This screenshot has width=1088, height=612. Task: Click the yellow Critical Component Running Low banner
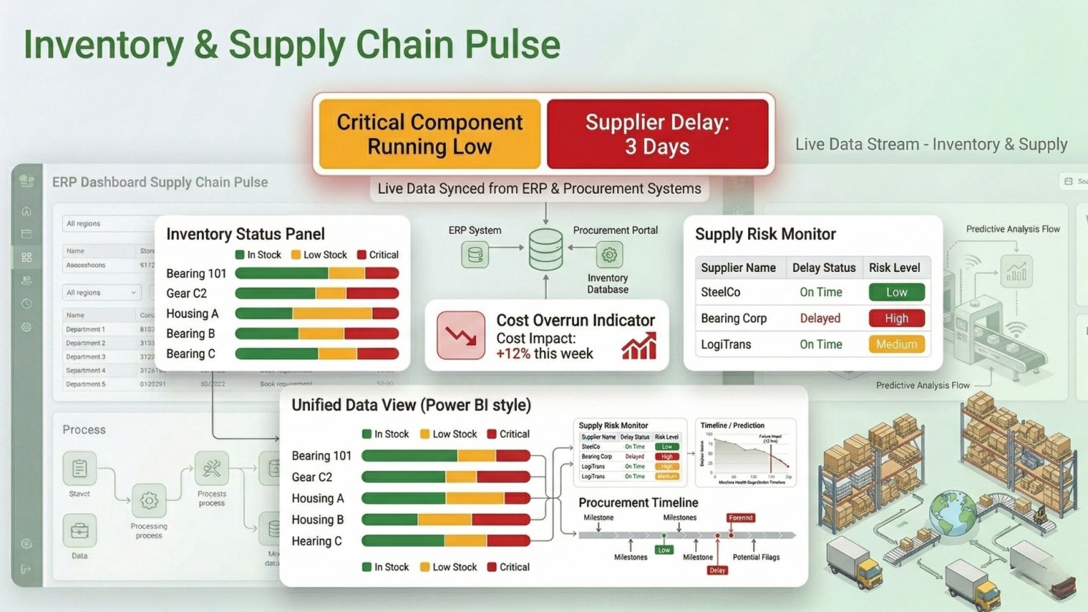pyautogui.click(x=430, y=134)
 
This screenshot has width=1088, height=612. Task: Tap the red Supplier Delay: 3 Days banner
pyautogui.click(x=657, y=134)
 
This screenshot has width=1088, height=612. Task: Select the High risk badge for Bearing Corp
pyautogui.click(x=896, y=318)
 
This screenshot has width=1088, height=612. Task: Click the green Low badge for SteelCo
pyautogui.click(x=896, y=292)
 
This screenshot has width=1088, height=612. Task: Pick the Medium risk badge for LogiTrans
pyautogui.click(x=896, y=344)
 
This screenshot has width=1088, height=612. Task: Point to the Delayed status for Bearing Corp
pyautogui.click(x=820, y=318)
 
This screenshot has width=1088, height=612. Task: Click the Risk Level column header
pyautogui.click(x=894, y=268)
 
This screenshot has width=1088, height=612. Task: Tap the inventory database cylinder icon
pyautogui.click(x=545, y=249)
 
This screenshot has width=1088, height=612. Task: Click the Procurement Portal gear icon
pyautogui.click(x=609, y=255)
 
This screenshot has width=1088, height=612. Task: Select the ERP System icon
pyautogui.click(x=475, y=255)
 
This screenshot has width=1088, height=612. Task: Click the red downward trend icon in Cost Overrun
pyautogui.click(x=461, y=336)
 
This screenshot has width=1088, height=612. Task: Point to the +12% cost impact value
pyautogui.click(x=513, y=354)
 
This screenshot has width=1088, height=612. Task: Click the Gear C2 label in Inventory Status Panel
pyautogui.click(x=186, y=293)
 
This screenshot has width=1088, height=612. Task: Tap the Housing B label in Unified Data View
pyautogui.click(x=317, y=520)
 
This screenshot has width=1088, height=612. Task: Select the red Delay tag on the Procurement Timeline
pyautogui.click(x=717, y=570)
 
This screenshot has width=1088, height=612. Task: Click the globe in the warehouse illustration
pyautogui.click(x=953, y=513)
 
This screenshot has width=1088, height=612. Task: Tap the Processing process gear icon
pyautogui.click(x=149, y=501)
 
